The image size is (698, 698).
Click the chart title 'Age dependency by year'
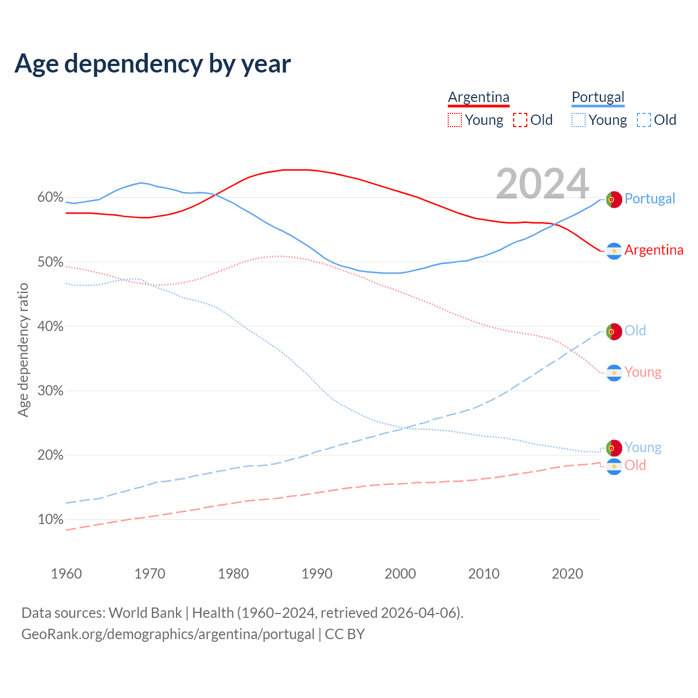click(x=153, y=64)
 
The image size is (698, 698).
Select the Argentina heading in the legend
click(x=478, y=97)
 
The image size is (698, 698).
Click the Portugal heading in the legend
click(x=598, y=97)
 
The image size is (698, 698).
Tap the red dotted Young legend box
click(x=454, y=120)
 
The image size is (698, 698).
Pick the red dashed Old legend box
click(x=520, y=120)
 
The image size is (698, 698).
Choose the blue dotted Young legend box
click(x=579, y=120)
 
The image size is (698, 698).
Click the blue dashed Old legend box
click(x=644, y=120)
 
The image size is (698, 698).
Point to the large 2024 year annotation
click(x=542, y=183)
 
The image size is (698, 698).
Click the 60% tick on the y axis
click(x=50, y=197)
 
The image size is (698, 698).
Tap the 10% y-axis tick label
click(x=50, y=520)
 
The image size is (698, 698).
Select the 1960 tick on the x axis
click(x=66, y=574)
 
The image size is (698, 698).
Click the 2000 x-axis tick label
click(x=400, y=574)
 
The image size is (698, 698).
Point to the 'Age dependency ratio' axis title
click(x=23, y=350)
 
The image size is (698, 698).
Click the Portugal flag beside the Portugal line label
click(x=614, y=200)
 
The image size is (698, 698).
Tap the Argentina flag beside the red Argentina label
click(x=614, y=251)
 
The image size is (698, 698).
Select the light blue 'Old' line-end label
click(x=635, y=330)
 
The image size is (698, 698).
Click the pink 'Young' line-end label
click(x=642, y=372)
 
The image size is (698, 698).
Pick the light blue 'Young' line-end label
click(x=642, y=447)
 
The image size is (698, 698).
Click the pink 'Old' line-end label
click(x=635, y=465)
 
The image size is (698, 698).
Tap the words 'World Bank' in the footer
click(x=145, y=613)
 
